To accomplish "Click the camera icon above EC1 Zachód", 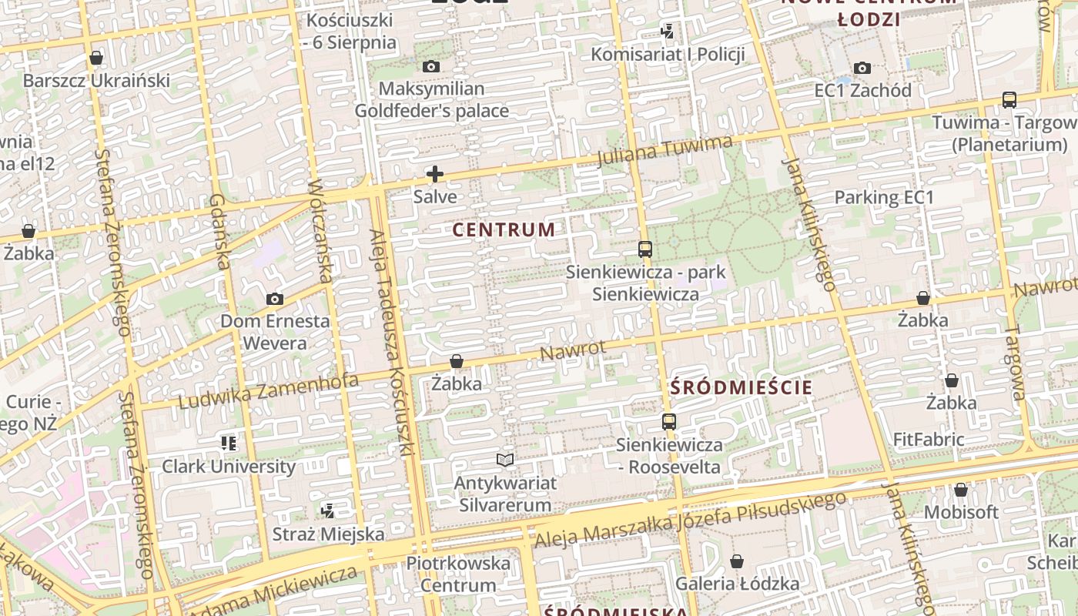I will pyautogui.click(x=862, y=68).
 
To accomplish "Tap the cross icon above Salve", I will pyautogui.click(x=435, y=174).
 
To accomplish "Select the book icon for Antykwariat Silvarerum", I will pyautogui.click(x=505, y=460).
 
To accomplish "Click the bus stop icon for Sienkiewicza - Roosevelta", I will pyautogui.click(x=668, y=422).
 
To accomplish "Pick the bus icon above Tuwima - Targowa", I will pyautogui.click(x=1009, y=100).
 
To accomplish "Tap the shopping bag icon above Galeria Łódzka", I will pyautogui.click(x=737, y=561).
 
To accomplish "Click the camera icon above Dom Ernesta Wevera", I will pyautogui.click(x=274, y=299).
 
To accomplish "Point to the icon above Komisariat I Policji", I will pyautogui.click(x=668, y=32).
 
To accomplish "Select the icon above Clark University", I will pyautogui.click(x=228, y=443).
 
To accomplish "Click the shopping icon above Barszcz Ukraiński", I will pyautogui.click(x=96, y=58).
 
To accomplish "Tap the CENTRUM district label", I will pyautogui.click(x=504, y=229).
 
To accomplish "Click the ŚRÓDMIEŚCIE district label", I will pyautogui.click(x=742, y=387).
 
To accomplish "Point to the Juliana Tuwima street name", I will pyautogui.click(x=665, y=149).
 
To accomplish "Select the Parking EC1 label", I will pyautogui.click(x=884, y=198).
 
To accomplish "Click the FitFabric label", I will pyautogui.click(x=928, y=440).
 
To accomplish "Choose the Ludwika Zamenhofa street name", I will pyautogui.click(x=269, y=391).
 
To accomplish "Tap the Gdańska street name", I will pyautogui.click(x=219, y=231).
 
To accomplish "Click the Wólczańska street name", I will pyautogui.click(x=320, y=231).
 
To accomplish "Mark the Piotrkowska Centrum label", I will pyautogui.click(x=458, y=574).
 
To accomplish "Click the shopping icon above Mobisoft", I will pyautogui.click(x=960, y=490).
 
